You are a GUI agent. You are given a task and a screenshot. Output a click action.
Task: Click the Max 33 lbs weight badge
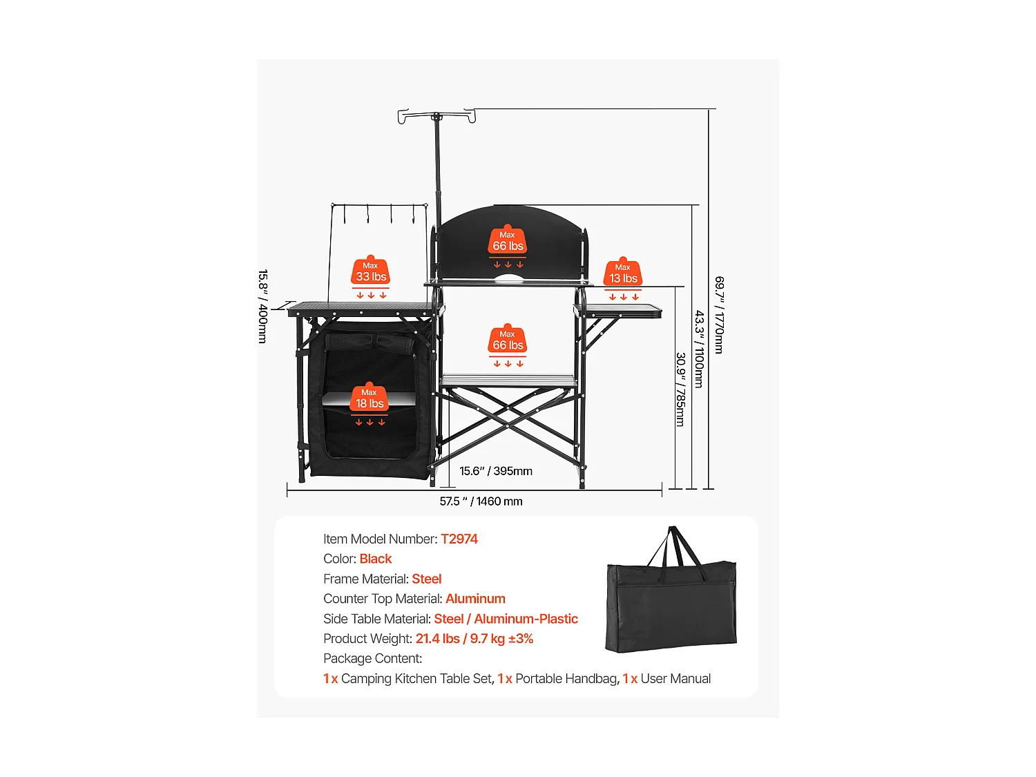click(x=370, y=271)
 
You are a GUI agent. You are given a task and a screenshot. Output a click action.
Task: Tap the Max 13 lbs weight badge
click(x=622, y=273)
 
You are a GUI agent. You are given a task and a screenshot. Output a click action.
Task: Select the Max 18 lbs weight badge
click(x=369, y=399)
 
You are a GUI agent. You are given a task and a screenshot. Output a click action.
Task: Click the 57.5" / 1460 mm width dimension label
click(x=481, y=501)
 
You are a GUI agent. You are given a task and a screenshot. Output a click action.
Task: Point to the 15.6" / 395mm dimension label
click(x=496, y=471)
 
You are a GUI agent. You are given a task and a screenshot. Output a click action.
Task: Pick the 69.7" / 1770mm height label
click(x=719, y=315)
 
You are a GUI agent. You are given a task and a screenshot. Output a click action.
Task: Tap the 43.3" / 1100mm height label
click(x=699, y=349)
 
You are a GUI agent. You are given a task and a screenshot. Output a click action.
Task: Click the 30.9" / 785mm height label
click(x=680, y=390)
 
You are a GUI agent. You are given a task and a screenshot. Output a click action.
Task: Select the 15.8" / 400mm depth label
click(x=263, y=306)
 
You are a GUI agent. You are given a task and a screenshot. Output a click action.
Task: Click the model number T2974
click(x=459, y=539)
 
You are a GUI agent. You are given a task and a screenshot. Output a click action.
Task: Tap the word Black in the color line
click(x=376, y=559)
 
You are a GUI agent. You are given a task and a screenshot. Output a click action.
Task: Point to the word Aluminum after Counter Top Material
click(x=475, y=599)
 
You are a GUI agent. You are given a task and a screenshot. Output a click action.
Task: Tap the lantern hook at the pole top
click(x=437, y=115)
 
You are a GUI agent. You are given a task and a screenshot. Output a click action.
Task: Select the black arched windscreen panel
click(x=508, y=243)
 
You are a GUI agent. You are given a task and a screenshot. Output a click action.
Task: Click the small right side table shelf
click(x=618, y=310)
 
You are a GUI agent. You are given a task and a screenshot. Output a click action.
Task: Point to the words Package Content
click(x=372, y=658)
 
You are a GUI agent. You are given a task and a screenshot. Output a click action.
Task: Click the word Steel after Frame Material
click(x=427, y=579)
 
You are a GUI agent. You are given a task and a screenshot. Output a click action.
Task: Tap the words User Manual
click(x=675, y=678)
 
